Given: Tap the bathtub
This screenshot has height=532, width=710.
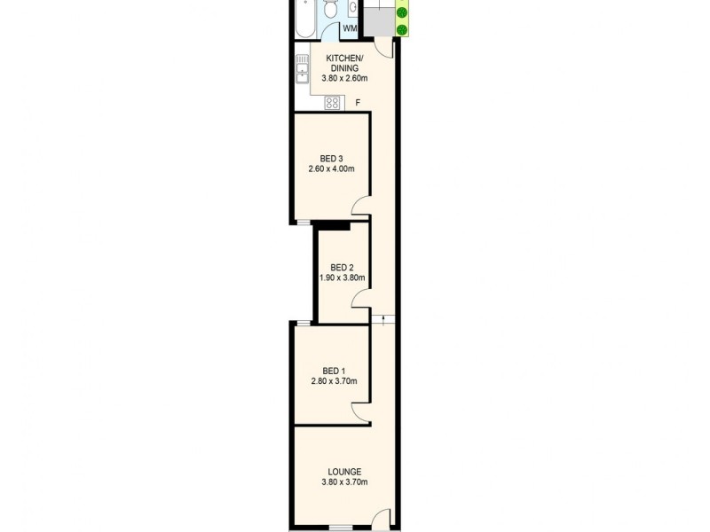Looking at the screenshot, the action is tap(305, 18).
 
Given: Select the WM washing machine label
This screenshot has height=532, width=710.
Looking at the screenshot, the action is tap(350, 28).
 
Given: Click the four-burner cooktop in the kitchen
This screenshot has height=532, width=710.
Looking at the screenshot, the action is tap(333, 103).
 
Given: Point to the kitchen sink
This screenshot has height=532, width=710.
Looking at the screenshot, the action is tap(302, 69).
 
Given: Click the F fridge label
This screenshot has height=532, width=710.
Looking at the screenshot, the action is tap(358, 103).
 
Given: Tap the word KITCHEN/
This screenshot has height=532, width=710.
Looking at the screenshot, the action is tap(344, 59).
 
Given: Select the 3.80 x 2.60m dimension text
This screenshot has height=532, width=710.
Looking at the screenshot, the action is tap(344, 78).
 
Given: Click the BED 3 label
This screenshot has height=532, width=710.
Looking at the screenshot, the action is tap(331, 159).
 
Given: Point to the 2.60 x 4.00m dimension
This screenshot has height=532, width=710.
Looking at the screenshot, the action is tap(331, 169).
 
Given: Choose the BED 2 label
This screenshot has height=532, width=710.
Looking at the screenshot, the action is tap(342, 268).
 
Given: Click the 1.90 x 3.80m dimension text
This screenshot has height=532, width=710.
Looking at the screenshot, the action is tap(343, 278).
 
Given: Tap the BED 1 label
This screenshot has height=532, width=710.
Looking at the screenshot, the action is tap(335, 371).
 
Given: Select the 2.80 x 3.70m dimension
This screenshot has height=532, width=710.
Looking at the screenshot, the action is tap(335, 381).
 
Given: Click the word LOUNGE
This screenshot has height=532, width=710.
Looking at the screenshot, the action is tap(344, 472).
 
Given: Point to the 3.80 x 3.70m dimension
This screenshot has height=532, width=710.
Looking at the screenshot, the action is tap(344, 482).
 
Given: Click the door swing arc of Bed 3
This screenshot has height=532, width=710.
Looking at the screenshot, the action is tap(356, 203).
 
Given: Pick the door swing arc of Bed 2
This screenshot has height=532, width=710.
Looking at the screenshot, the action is tap(356, 297).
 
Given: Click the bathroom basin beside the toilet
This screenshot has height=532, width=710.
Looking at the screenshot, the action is tap(352, 8).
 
